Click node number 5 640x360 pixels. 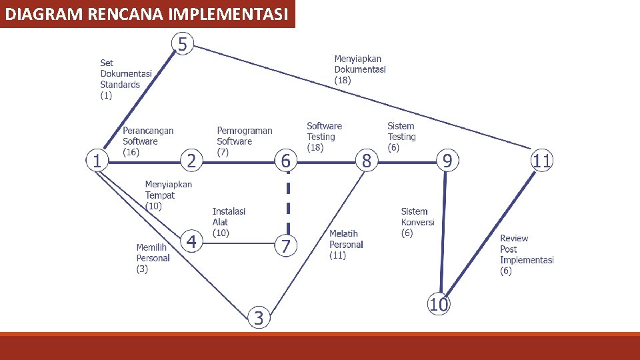click(183, 45)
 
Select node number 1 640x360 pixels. click(97, 161)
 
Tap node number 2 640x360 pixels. click(191, 161)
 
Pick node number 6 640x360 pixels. click(285, 161)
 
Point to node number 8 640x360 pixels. click(366, 161)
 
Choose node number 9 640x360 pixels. click(447, 161)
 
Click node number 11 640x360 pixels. click(542, 161)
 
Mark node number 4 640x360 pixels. click(191, 241)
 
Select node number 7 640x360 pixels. click(285, 246)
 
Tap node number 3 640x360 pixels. click(259, 318)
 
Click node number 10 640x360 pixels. click(438, 305)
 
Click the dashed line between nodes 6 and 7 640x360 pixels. click(287, 203)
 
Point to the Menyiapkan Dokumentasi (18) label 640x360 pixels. click(359, 69)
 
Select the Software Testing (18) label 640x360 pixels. click(324, 137)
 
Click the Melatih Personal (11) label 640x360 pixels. click(346, 245)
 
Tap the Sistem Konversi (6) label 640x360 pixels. click(417, 222)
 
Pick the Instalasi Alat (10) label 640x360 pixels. click(229, 222)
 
